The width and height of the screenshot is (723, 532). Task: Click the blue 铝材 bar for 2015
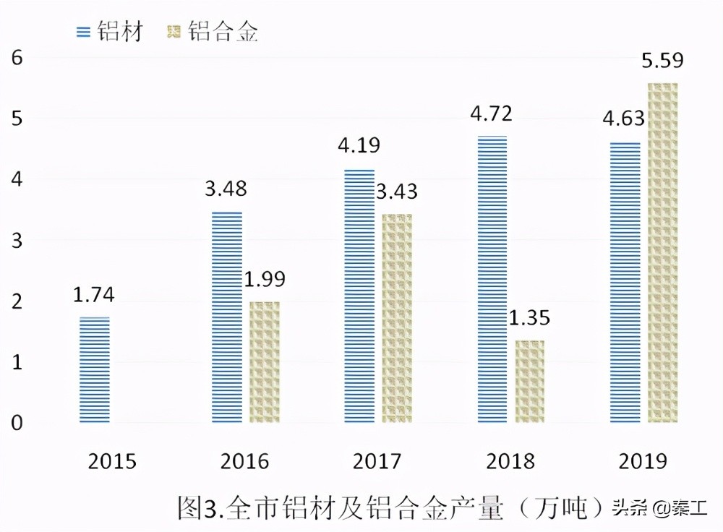coord(95,369)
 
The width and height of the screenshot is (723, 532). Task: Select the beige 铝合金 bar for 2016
coord(265,362)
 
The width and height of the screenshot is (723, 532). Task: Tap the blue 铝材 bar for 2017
coord(359,296)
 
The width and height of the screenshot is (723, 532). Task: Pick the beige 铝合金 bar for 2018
coord(531,382)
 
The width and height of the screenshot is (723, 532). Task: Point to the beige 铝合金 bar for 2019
coord(663,253)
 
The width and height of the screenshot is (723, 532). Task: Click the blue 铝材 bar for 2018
coord(492,279)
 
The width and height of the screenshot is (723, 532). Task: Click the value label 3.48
coord(226,189)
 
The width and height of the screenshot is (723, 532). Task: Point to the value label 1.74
coord(94,295)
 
